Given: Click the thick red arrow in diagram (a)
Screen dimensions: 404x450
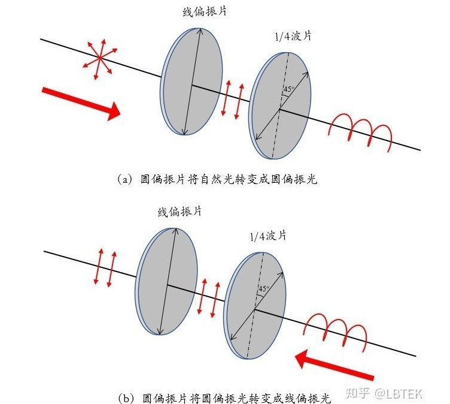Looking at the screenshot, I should point(81,102).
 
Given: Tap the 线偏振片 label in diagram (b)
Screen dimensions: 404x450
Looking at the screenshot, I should point(179,212).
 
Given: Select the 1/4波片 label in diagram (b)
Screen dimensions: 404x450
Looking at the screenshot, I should point(267,235).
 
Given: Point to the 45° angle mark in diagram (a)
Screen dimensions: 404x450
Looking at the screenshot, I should point(288,89).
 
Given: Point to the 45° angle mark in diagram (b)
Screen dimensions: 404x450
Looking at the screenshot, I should point(262,288).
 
